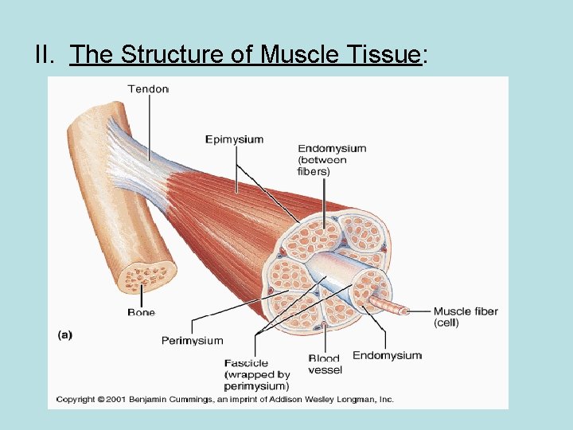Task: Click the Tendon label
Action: pyautogui.click(x=148, y=88)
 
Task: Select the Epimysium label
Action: pyautogui.click(x=234, y=139)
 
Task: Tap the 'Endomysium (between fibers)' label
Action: pyautogui.click(x=332, y=159)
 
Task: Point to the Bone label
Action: pyautogui.click(x=141, y=313)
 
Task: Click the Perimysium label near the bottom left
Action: pyautogui.click(x=192, y=340)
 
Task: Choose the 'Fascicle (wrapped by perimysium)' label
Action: pyautogui.click(x=256, y=374)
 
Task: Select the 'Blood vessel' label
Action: pyautogui.click(x=325, y=364)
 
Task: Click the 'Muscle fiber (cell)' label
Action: pyautogui.click(x=466, y=317)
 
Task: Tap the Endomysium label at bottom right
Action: pyautogui.click(x=387, y=355)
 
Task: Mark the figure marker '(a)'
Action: pyautogui.click(x=64, y=335)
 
